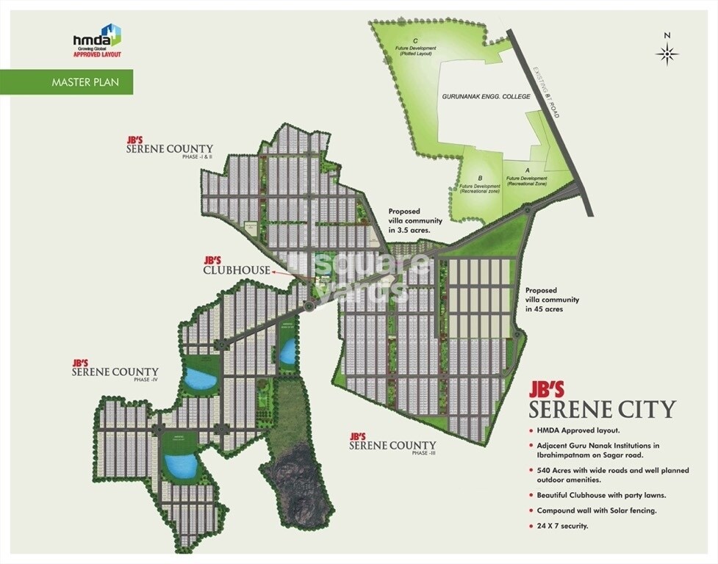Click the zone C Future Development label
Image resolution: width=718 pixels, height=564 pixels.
coord(416,47)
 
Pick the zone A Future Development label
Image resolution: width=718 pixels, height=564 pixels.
coord(528,177)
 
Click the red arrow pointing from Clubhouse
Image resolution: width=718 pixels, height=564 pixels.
coord(282,271)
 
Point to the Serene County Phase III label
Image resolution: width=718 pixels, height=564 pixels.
coord(392,444)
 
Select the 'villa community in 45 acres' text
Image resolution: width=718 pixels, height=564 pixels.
coord(552,300)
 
